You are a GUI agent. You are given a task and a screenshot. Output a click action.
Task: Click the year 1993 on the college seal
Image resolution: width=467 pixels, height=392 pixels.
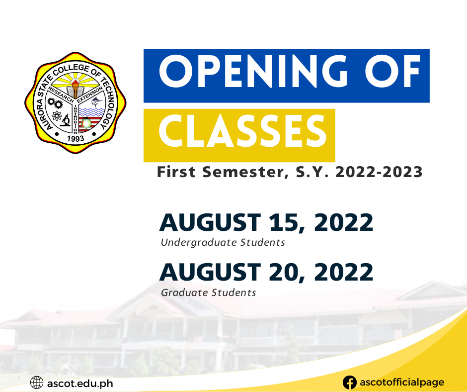click(76, 138)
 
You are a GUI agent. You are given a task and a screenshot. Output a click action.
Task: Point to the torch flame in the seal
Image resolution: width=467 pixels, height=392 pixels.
click(76, 80)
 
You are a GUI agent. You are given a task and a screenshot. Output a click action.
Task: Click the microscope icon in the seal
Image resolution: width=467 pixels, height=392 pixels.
click(65, 120)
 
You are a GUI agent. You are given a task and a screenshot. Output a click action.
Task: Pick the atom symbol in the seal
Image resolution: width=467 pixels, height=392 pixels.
click(56, 117)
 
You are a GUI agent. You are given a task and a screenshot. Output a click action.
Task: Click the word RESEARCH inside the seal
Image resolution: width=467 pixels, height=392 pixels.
click(61, 91)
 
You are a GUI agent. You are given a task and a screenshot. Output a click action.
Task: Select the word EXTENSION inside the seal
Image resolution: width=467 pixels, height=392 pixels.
click(90, 91)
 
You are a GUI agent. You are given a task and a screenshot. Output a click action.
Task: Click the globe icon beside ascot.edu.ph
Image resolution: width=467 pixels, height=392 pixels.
click(37, 383)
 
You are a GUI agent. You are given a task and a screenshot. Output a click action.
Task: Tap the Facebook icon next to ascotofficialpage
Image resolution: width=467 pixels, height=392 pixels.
click(350, 383)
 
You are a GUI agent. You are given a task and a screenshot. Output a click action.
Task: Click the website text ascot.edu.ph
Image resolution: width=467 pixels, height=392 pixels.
click(80, 383)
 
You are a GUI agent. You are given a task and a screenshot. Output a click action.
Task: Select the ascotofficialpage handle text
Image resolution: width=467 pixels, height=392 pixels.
click(401, 383)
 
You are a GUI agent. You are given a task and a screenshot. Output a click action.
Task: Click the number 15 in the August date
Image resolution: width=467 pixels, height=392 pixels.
click(288, 223)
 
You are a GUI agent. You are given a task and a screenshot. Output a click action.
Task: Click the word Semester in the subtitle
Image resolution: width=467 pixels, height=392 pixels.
click(241, 173)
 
